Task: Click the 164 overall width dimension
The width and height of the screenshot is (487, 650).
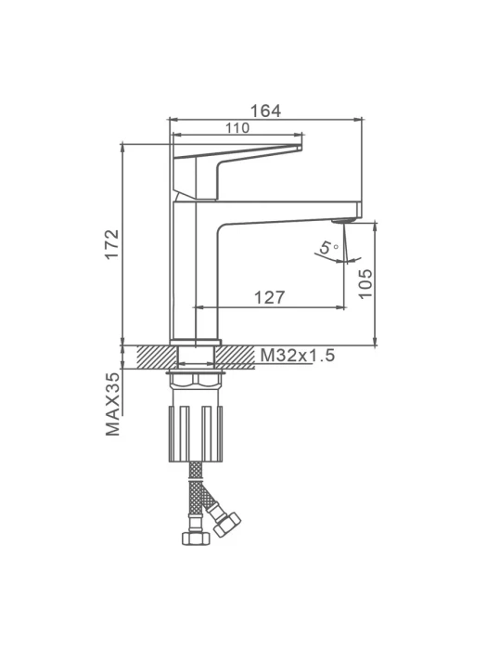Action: [265, 111]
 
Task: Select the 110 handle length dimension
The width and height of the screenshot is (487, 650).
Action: [237, 128]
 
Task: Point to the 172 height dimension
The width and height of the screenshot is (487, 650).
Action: [112, 243]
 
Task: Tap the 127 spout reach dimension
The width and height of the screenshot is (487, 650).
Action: [269, 297]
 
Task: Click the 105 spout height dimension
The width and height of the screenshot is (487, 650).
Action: [365, 283]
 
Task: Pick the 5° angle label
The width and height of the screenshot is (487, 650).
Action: [328, 248]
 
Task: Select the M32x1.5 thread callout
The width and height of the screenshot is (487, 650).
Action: [298, 356]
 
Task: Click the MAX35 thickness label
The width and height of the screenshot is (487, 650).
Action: [112, 404]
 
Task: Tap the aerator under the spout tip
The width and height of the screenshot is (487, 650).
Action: [344, 220]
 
